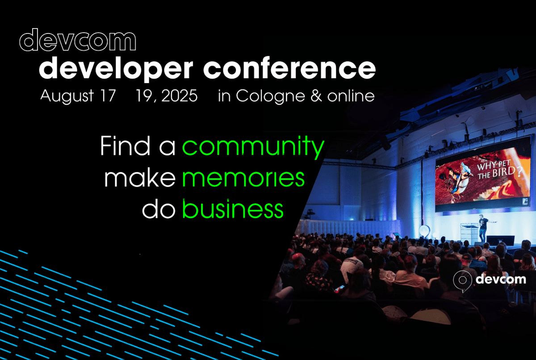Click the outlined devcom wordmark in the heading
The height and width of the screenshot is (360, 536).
(78, 40)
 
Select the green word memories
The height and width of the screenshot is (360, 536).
(243, 178)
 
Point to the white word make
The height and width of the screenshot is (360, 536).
(140, 178)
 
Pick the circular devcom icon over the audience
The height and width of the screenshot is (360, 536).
(462, 280)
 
